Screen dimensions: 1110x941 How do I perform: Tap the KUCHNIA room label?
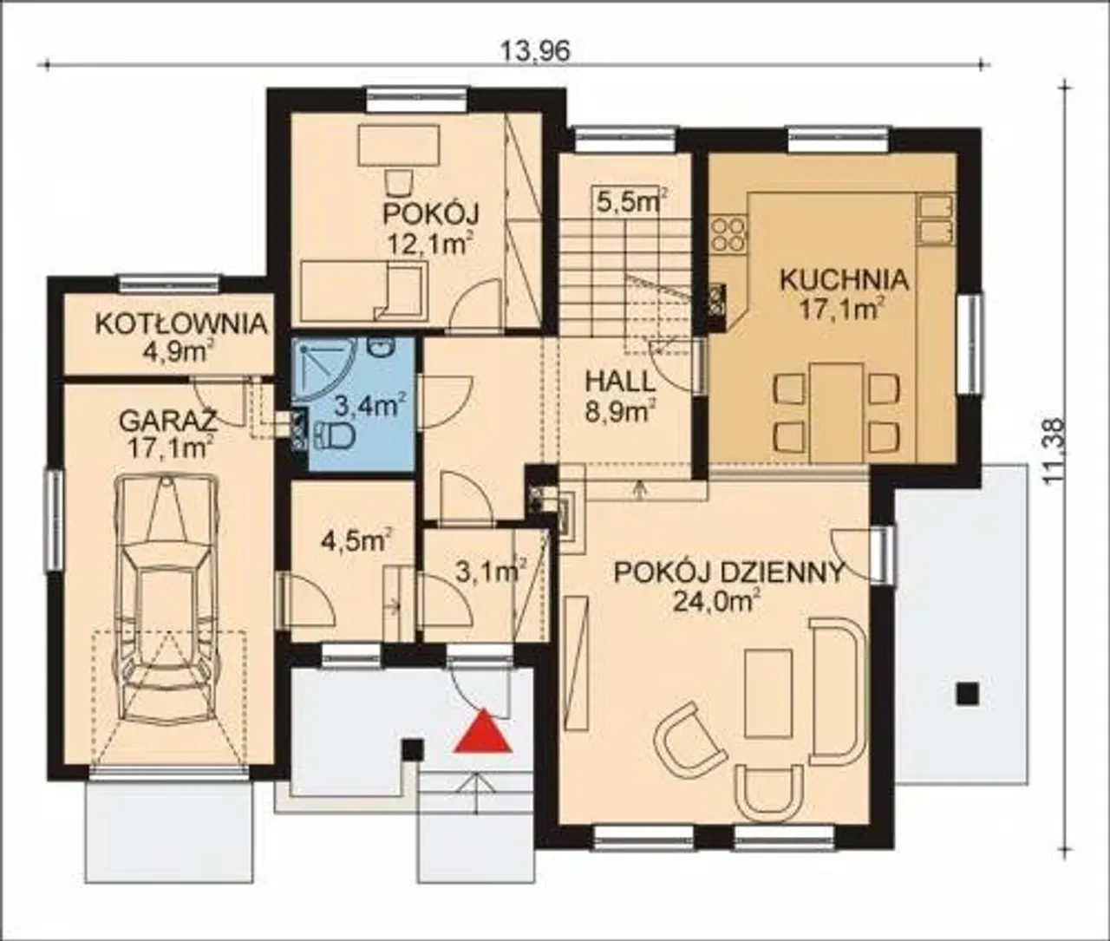[x=844, y=280]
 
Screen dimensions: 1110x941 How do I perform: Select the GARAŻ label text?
[x=168, y=421]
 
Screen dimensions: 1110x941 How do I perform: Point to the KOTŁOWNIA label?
[x=181, y=323]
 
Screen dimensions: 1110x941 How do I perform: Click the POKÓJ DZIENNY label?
[x=729, y=573]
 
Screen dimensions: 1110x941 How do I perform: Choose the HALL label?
[x=620, y=382]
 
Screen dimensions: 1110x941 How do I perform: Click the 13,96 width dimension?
[x=535, y=51]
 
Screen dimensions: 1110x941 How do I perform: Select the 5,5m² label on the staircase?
[x=632, y=201]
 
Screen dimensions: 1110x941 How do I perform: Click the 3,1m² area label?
[x=490, y=572]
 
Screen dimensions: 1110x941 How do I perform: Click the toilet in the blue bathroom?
[x=334, y=435]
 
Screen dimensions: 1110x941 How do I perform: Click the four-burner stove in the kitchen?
[x=729, y=234]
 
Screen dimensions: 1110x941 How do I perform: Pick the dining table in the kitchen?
[x=837, y=413]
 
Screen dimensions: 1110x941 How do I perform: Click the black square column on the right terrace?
[x=968, y=694]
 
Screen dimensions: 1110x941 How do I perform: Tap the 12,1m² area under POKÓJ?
[x=428, y=245]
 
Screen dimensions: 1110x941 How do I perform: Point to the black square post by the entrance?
[x=413, y=749]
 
